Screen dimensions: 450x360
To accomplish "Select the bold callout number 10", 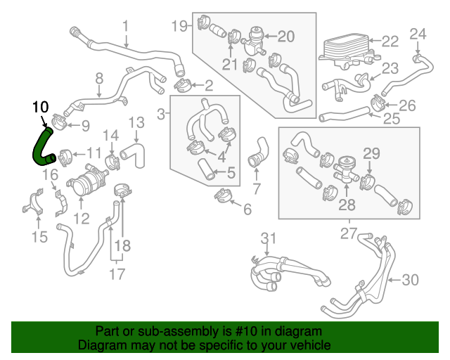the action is pos(41,107).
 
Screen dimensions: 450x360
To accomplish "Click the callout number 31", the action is pos(269,238).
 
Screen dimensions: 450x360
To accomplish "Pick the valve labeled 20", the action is pos(253,41).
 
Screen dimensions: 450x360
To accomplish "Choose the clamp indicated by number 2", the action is pos(183,84).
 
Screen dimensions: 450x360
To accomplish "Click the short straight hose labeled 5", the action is pos(205,169).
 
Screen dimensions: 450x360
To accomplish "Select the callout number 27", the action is pos(349,233).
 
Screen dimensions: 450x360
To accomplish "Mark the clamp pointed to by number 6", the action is pos(223,195).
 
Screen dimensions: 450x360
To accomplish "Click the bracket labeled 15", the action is pos(33,201).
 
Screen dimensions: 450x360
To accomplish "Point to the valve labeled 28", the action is pos(346,171).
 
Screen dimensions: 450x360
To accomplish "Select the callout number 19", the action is pos(179,26).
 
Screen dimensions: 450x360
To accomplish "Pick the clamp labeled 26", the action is pos(380,103).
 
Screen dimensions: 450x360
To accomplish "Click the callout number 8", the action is pos(99,78).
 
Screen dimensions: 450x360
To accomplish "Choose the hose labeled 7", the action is pos(258,152).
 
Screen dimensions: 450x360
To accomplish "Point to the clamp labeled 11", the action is pos(65,157).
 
